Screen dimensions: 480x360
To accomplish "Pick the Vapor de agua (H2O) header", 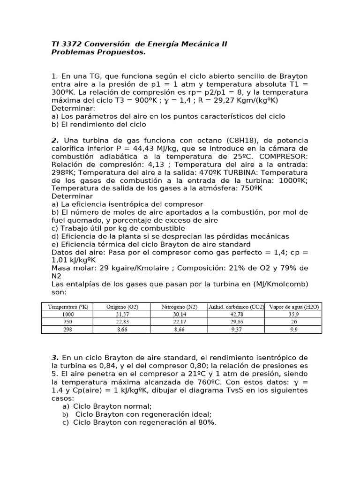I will [293, 307].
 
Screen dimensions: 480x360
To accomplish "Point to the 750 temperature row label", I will [68, 322].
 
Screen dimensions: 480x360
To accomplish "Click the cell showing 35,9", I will [294, 315].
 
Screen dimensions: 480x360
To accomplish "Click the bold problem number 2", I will [55, 141].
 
